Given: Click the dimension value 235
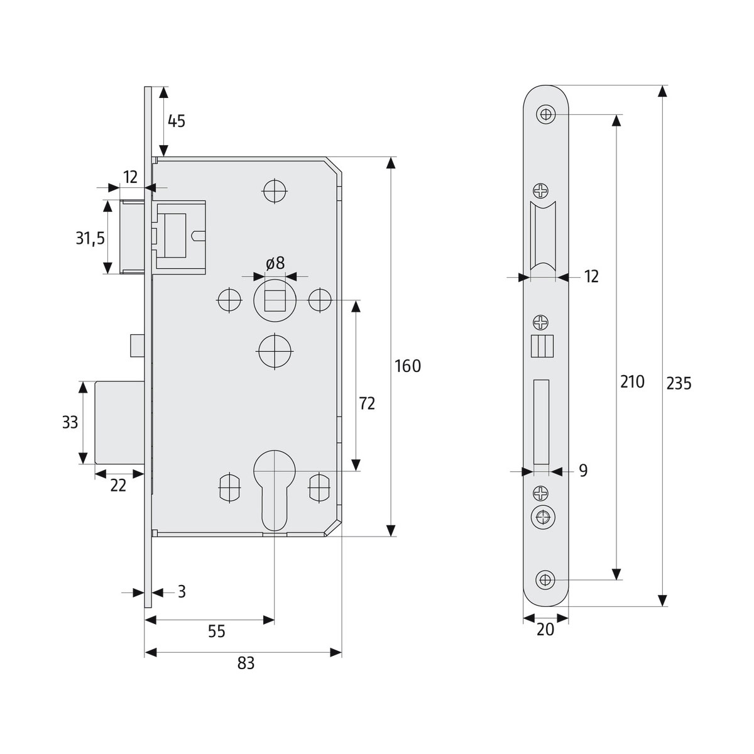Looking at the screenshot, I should coord(679,383).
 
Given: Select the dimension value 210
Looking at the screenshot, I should coord(632,381).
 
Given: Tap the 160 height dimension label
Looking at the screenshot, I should coord(408,366).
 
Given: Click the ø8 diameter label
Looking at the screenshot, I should coord(275,263).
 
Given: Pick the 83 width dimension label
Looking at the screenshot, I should coord(246,663).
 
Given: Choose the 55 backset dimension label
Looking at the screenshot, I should coord(216,631).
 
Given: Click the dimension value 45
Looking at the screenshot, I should coord(177,121).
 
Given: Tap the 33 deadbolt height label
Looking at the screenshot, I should coord(70,422).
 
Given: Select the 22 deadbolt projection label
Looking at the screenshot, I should coord(118,484).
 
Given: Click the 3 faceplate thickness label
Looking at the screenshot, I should coord(182,591).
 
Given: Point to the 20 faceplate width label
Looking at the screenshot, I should coord(545,629).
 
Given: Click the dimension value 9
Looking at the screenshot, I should coord(583,471).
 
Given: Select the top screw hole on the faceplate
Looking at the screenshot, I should coord(545,114).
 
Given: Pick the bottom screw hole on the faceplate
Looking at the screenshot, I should coord(545,579).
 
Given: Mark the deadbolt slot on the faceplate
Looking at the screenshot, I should coord(541,422).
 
